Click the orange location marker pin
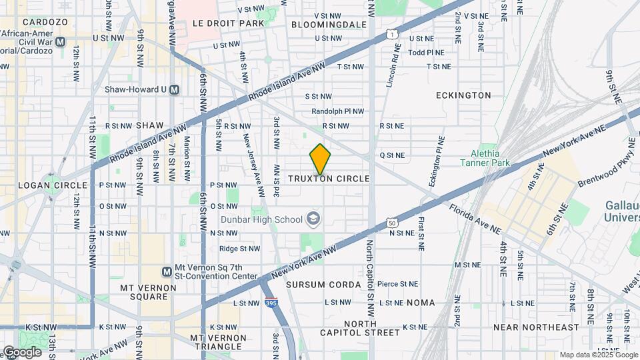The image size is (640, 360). click(x=320, y=159)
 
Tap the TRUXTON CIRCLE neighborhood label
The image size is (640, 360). click(x=329, y=179)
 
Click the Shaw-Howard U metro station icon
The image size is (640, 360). click(x=175, y=89)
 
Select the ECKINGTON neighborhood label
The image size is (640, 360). click(x=463, y=95)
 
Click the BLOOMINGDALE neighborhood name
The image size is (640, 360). click(x=329, y=24)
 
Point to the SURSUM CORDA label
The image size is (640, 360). click(x=323, y=285)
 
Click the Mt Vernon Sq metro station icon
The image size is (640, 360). click(x=167, y=271)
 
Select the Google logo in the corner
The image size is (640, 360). click(x=22, y=351)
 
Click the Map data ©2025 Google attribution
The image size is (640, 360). click(x=598, y=355)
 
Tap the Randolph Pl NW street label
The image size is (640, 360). click(x=338, y=111)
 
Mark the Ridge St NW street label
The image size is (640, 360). click(x=239, y=249)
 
